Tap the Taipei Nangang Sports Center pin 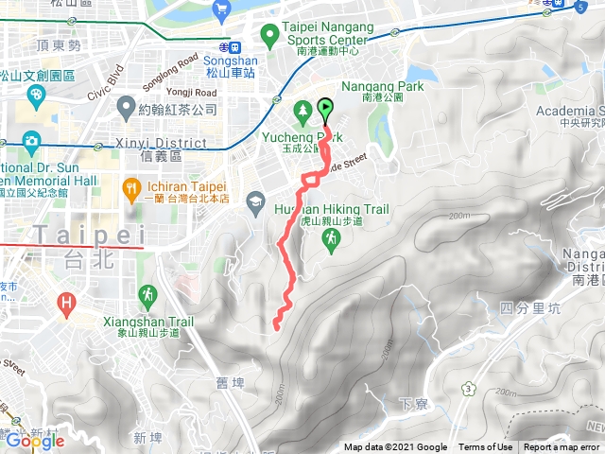point(269,36)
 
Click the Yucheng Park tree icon point(302,111)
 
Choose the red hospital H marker point(66,304)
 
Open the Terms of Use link point(485,447)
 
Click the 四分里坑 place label point(519,308)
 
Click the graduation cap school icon point(255,201)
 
